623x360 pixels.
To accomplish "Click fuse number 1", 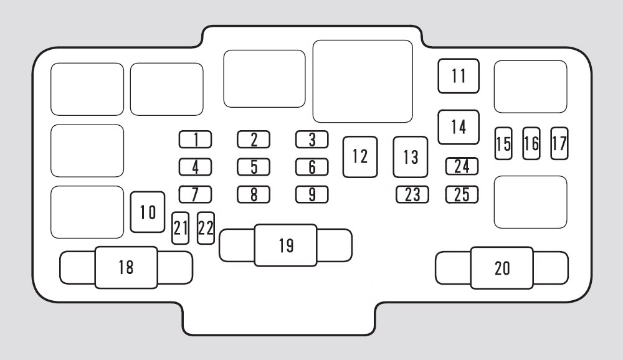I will tap(195, 140).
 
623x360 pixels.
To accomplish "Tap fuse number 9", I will tap(312, 195).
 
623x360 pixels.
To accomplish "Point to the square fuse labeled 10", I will tap(148, 212).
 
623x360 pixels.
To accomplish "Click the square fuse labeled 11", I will tap(459, 76).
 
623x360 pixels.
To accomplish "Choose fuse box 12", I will tap(360, 156).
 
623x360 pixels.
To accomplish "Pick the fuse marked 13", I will tap(411, 157).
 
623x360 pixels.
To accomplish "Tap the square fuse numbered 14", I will tap(459, 127).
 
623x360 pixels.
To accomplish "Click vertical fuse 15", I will tap(503, 143).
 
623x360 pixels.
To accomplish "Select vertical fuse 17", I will tap(559, 143).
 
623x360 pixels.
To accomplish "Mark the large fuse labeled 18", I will tap(126, 268).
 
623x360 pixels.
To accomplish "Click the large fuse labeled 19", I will tap(285, 245).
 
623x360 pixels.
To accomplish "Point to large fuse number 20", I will tap(502, 268).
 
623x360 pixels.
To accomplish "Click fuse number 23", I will tap(412, 195).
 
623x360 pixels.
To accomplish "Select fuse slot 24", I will tap(462, 166).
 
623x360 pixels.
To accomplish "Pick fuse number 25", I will tap(462, 195).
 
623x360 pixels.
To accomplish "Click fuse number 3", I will tap(312, 140).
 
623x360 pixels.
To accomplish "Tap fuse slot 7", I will tap(195, 195).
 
